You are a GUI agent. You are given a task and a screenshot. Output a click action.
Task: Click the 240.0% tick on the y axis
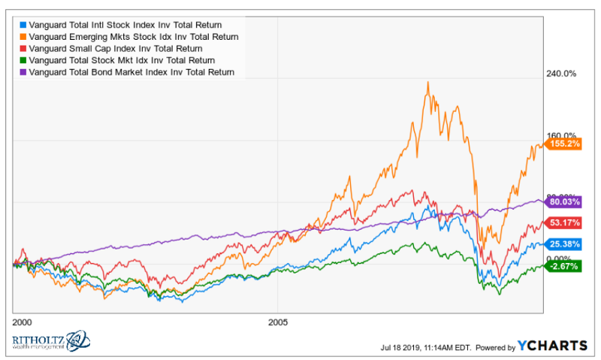pos(560,74)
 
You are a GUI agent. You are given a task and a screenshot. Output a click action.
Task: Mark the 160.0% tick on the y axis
pos(560,135)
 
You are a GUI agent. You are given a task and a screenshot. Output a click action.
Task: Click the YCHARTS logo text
pos(552,346)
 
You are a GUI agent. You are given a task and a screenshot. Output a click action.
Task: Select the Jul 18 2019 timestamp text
pos(425,347)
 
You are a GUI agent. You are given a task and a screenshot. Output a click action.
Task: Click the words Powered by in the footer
pos(495,347)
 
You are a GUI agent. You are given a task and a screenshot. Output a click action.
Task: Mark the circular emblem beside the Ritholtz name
pos(79,341)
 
